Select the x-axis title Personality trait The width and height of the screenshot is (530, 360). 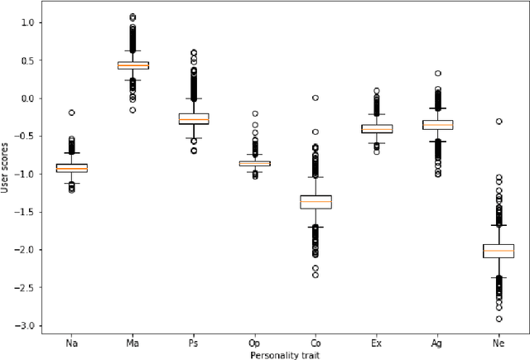click(x=285, y=354)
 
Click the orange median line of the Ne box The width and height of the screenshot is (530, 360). click(x=499, y=250)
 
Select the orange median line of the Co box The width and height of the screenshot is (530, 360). click(x=316, y=202)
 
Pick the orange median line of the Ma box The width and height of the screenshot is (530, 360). click(x=132, y=65)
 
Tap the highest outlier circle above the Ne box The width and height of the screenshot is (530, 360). click(x=499, y=122)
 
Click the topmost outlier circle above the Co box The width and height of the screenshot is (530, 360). click(x=316, y=98)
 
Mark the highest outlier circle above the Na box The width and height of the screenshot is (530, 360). click(x=71, y=113)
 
